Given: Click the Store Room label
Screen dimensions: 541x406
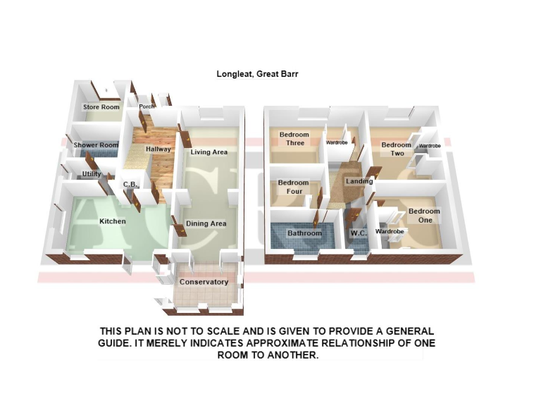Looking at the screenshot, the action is (x=101, y=107).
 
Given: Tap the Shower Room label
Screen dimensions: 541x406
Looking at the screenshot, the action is (x=96, y=145).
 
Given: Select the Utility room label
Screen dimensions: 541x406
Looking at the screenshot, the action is (x=92, y=174).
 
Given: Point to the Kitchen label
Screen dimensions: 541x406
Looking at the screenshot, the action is (x=112, y=221).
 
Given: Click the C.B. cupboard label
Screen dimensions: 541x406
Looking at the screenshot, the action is (x=129, y=185).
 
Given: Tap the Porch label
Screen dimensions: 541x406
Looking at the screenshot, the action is (x=147, y=107).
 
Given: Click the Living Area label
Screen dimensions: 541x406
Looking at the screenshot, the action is (x=209, y=152).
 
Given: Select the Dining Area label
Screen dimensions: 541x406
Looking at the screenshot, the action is (x=209, y=224).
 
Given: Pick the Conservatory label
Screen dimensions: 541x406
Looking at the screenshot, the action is (x=204, y=282).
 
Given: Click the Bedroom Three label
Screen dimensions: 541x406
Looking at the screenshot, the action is (x=294, y=139).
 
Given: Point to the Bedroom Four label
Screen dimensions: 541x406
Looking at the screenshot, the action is (x=293, y=187).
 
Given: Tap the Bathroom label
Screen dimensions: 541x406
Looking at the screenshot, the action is (x=304, y=233).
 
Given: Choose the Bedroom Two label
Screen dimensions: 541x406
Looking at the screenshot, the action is (x=397, y=149).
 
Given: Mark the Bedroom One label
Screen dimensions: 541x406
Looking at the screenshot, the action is (x=424, y=215).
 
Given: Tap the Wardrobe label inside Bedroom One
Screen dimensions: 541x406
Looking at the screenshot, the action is (x=388, y=231).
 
